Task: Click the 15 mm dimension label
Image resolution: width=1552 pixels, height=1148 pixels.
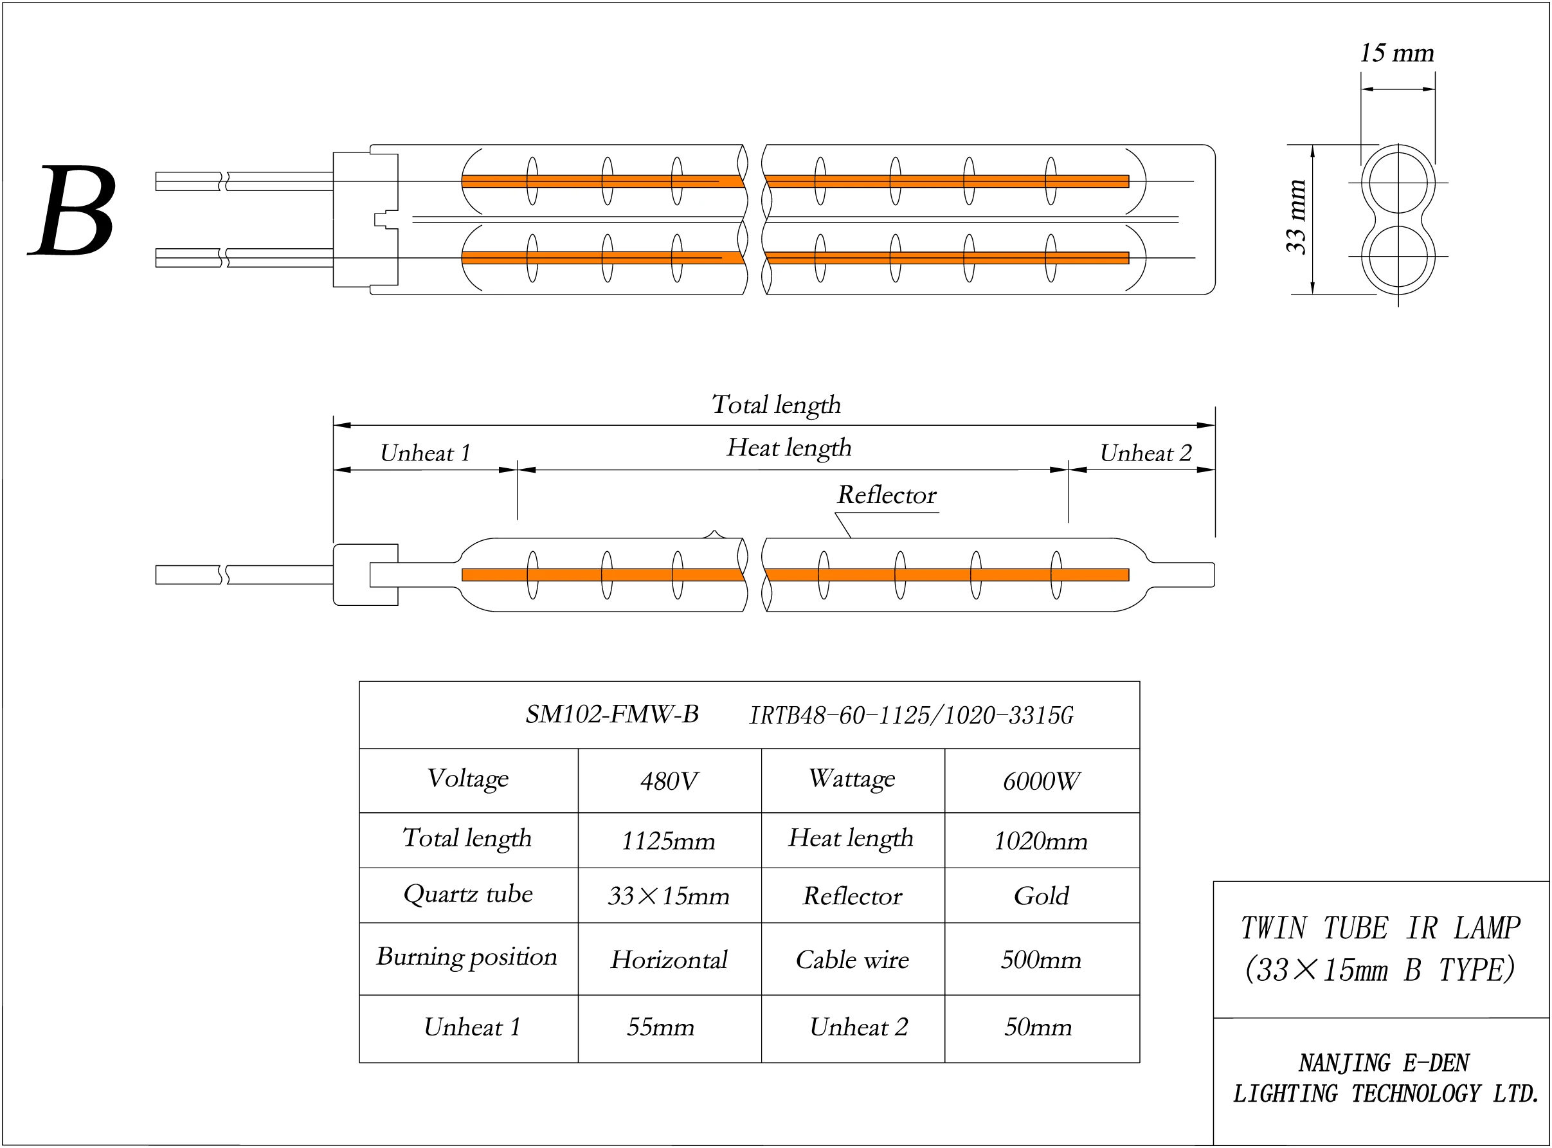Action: tap(1396, 53)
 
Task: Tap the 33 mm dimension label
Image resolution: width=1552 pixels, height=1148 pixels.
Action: tap(1296, 217)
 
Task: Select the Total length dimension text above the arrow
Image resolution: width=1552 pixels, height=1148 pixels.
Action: tap(776, 405)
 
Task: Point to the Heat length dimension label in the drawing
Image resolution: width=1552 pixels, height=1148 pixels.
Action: tap(788, 448)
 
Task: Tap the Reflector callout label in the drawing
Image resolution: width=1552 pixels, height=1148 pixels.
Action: tap(887, 495)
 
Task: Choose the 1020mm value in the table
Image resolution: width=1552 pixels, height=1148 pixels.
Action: tap(1041, 841)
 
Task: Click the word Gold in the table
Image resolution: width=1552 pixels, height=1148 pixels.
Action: tap(1041, 897)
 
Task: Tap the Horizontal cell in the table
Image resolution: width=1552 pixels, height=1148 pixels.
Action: tap(669, 960)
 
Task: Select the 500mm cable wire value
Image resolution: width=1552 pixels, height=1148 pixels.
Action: tap(1041, 960)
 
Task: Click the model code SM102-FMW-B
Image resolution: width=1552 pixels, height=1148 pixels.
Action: tap(612, 715)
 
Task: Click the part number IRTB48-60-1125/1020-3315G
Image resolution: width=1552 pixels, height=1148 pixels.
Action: tap(911, 716)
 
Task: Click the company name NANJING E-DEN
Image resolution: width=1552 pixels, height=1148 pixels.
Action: tap(1384, 1063)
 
